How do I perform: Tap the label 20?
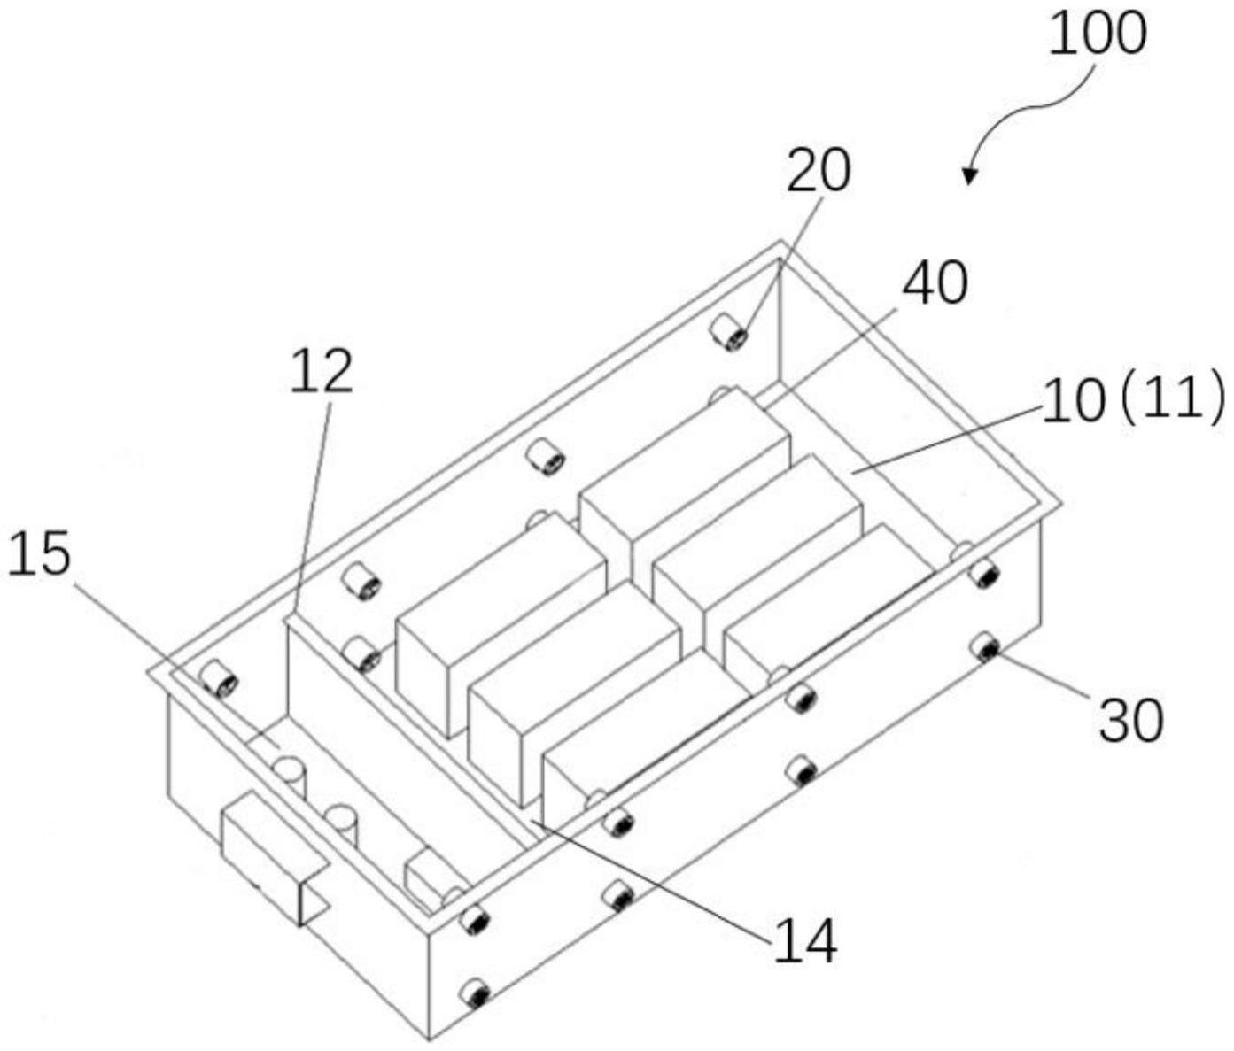click(819, 170)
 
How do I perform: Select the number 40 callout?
click(935, 283)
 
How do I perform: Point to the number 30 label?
click(1130, 721)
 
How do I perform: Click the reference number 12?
click(322, 371)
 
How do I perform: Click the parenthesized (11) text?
click(1171, 399)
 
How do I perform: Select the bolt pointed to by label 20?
click(730, 335)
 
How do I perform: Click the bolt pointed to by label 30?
click(985, 648)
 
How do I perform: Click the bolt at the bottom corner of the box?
click(477, 993)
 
